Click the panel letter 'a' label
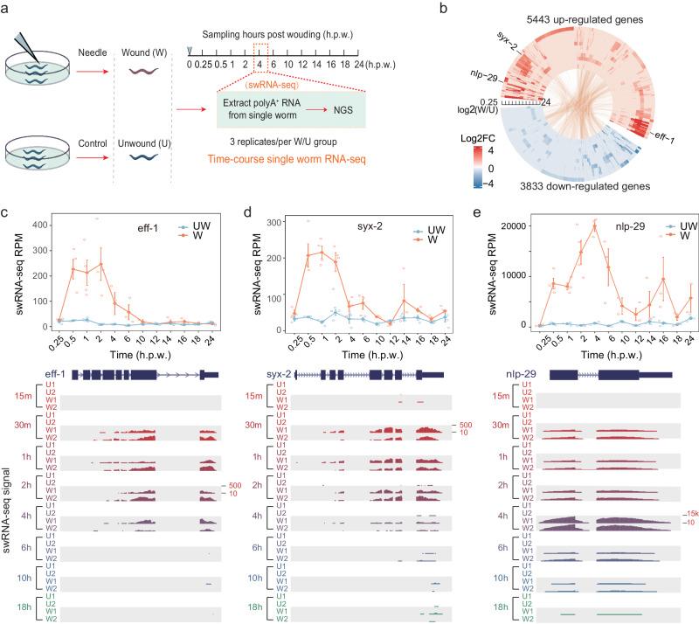6,9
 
